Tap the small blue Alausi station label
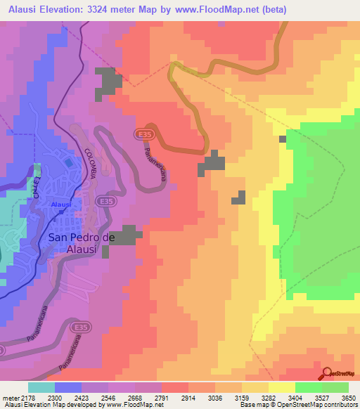point(60,204)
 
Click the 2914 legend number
point(188,398)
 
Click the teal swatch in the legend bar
point(41,387)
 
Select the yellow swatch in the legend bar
point(281,387)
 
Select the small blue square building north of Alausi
point(67,162)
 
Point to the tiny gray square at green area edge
point(283,139)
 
